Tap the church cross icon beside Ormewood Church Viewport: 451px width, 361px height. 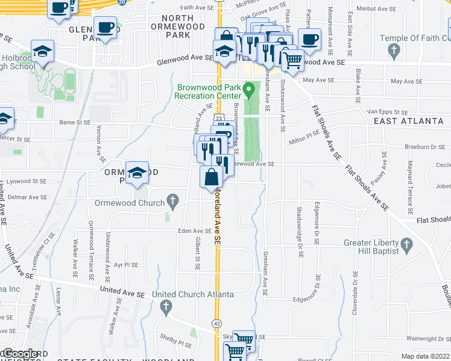[x=172, y=202]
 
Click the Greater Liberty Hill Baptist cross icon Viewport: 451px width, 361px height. [x=406, y=244]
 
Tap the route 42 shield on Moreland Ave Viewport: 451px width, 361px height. [x=216, y=323]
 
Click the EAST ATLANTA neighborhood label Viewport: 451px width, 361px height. [x=409, y=121]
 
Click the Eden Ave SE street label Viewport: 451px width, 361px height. [x=194, y=230]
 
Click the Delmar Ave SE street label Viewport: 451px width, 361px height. [x=19, y=195]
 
